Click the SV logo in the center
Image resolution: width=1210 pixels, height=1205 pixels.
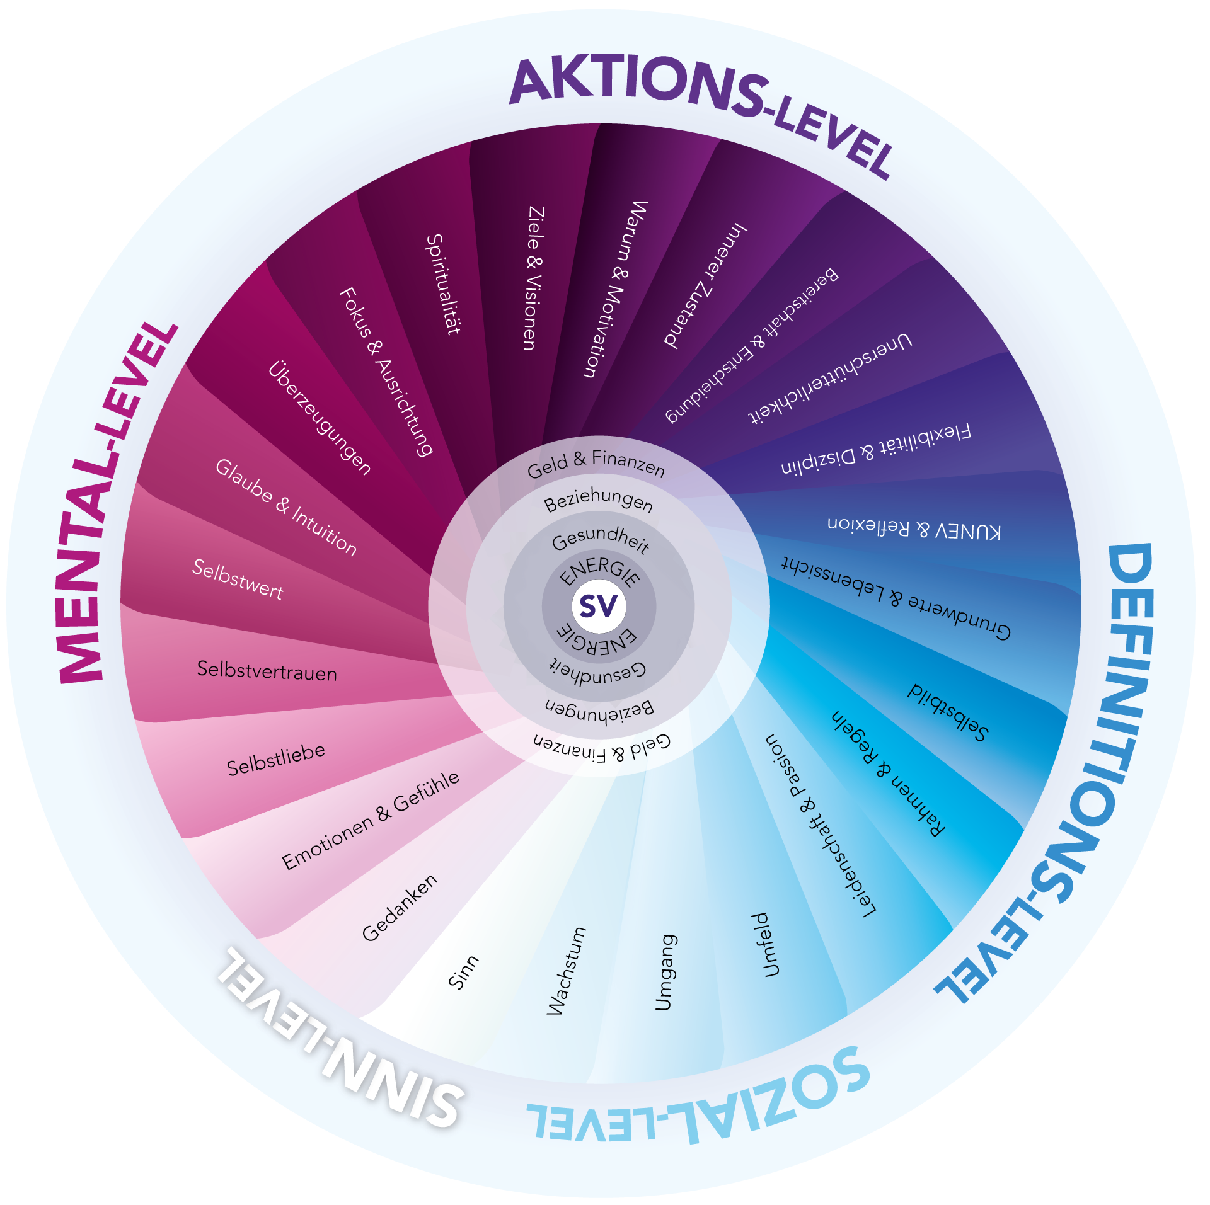tap(599, 606)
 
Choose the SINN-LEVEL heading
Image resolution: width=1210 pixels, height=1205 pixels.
tap(340, 1039)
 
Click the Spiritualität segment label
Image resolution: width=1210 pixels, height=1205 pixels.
tap(443, 284)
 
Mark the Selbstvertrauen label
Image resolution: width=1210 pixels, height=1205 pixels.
tap(267, 671)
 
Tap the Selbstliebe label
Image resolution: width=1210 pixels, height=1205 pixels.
tap(276, 759)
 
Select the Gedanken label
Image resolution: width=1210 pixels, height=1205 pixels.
tap(400, 908)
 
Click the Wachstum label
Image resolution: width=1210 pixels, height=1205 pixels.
tap(566, 971)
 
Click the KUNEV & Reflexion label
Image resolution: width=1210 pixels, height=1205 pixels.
tap(914, 528)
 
